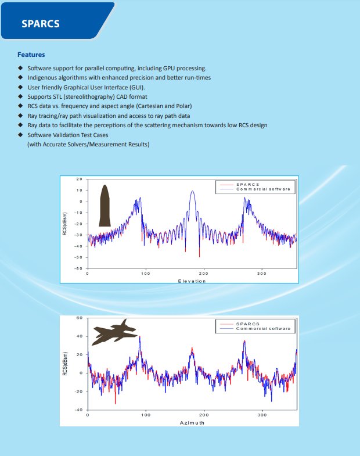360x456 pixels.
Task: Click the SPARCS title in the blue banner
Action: point(40,24)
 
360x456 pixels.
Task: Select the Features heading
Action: point(31,55)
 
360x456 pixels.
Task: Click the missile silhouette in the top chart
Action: point(105,205)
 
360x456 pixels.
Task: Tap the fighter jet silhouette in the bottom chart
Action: point(115,333)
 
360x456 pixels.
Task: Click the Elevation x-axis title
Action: point(192,281)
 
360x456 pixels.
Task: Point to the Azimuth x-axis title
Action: point(192,423)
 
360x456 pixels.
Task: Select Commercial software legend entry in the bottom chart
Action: point(263,329)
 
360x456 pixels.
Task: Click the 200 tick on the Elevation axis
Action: point(203,273)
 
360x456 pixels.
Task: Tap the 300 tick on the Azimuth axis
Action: point(261,415)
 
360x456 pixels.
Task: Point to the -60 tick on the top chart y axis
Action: point(78,268)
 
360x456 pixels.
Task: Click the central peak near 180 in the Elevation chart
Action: point(193,192)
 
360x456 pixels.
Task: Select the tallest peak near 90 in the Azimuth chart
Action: point(139,337)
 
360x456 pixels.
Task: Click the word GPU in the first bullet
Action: point(177,69)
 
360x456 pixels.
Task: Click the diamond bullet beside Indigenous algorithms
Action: point(20,78)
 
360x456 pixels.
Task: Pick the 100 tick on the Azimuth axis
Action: point(145,415)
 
